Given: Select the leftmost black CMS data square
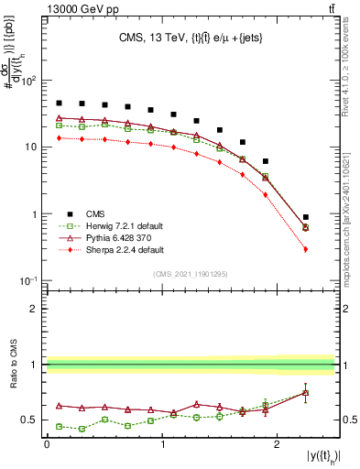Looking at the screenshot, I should pos(59,104).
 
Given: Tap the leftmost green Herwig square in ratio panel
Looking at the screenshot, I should pos(59,426).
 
